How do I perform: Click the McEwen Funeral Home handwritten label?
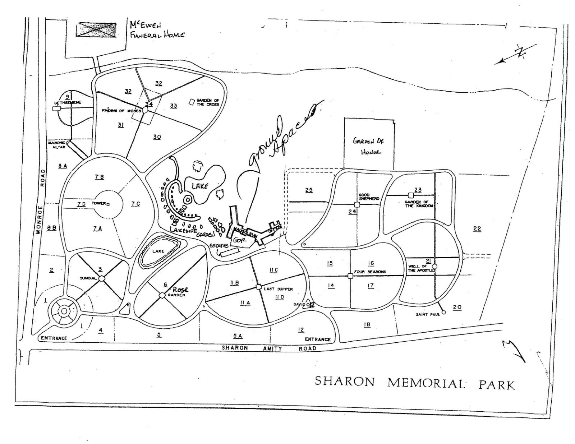click(157, 30)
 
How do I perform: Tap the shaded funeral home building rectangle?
click(96, 29)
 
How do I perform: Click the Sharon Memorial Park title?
click(415, 383)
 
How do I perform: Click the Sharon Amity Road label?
click(269, 348)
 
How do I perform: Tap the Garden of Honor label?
click(368, 146)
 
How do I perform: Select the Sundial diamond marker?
click(102, 278)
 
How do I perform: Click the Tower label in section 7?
click(98, 203)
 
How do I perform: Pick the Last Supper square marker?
click(258, 287)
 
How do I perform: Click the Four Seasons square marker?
click(350, 276)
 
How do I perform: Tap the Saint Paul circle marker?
click(443, 312)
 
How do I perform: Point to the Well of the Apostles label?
click(421, 268)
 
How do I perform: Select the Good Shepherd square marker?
click(357, 204)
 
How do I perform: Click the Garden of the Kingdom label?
click(419, 204)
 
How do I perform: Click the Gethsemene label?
click(68, 102)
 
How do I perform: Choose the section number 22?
click(477, 228)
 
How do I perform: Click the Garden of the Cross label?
click(208, 102)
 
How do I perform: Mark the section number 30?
click(157, 137)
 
